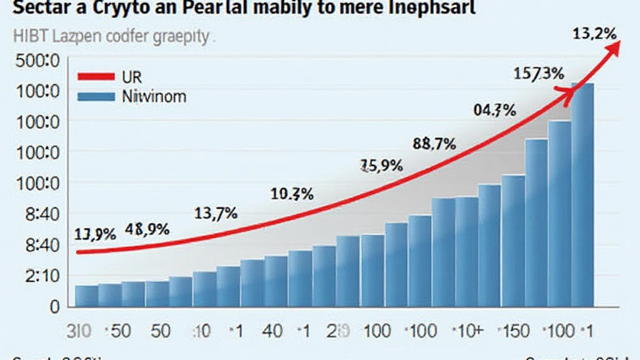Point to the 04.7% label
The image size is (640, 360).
click(494, 111)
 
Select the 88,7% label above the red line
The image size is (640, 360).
click(434, 144)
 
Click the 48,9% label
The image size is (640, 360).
click(147, 229)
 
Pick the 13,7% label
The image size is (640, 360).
click(216, 214)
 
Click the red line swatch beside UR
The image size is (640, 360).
click(96, 77)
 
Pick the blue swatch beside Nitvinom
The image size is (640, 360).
click(96, 97)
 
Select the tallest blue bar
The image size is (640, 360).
click(582, 194)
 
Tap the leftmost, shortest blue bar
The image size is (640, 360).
click(86, 296)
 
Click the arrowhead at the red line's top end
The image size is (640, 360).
click(611, 49)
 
